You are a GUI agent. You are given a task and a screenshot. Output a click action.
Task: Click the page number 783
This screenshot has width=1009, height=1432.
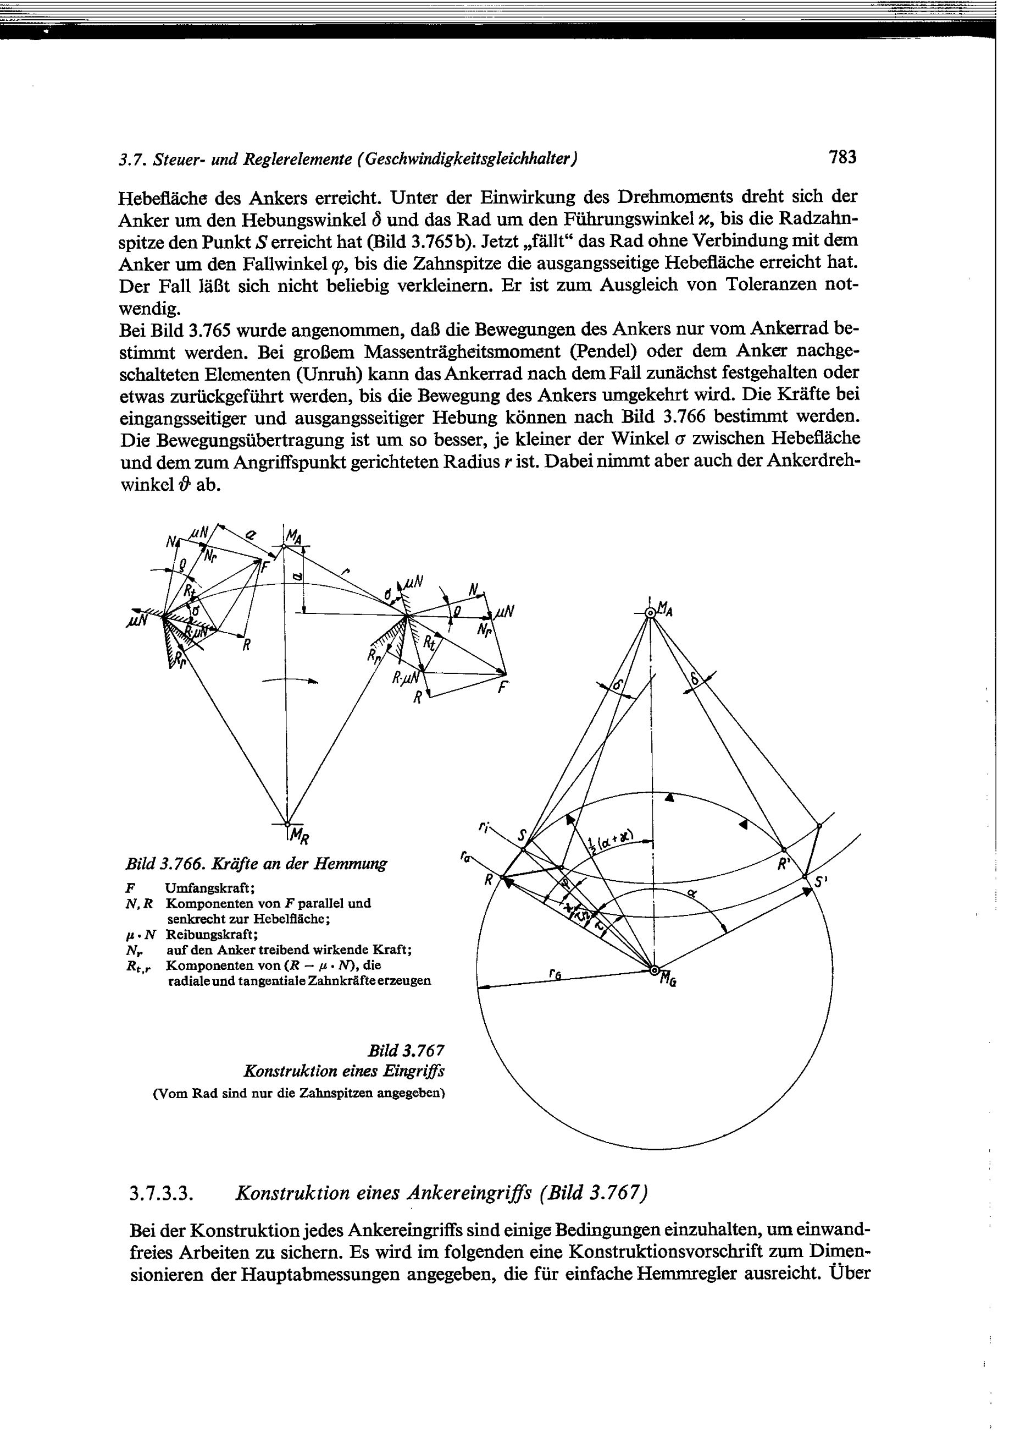(x=842, y=157)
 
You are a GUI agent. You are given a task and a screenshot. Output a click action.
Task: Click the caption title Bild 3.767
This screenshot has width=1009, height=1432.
(x=406, y=1050)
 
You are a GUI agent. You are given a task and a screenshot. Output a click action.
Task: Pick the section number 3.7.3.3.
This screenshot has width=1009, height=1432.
(x=159, y=1194)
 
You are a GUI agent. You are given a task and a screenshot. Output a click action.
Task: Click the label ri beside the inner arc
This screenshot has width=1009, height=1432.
(x=483, y=827)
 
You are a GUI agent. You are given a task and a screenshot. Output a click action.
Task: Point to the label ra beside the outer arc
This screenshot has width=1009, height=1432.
(x=465, y=858)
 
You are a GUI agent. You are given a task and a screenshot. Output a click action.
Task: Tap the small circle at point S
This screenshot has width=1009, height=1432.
(x=523, y=849)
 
